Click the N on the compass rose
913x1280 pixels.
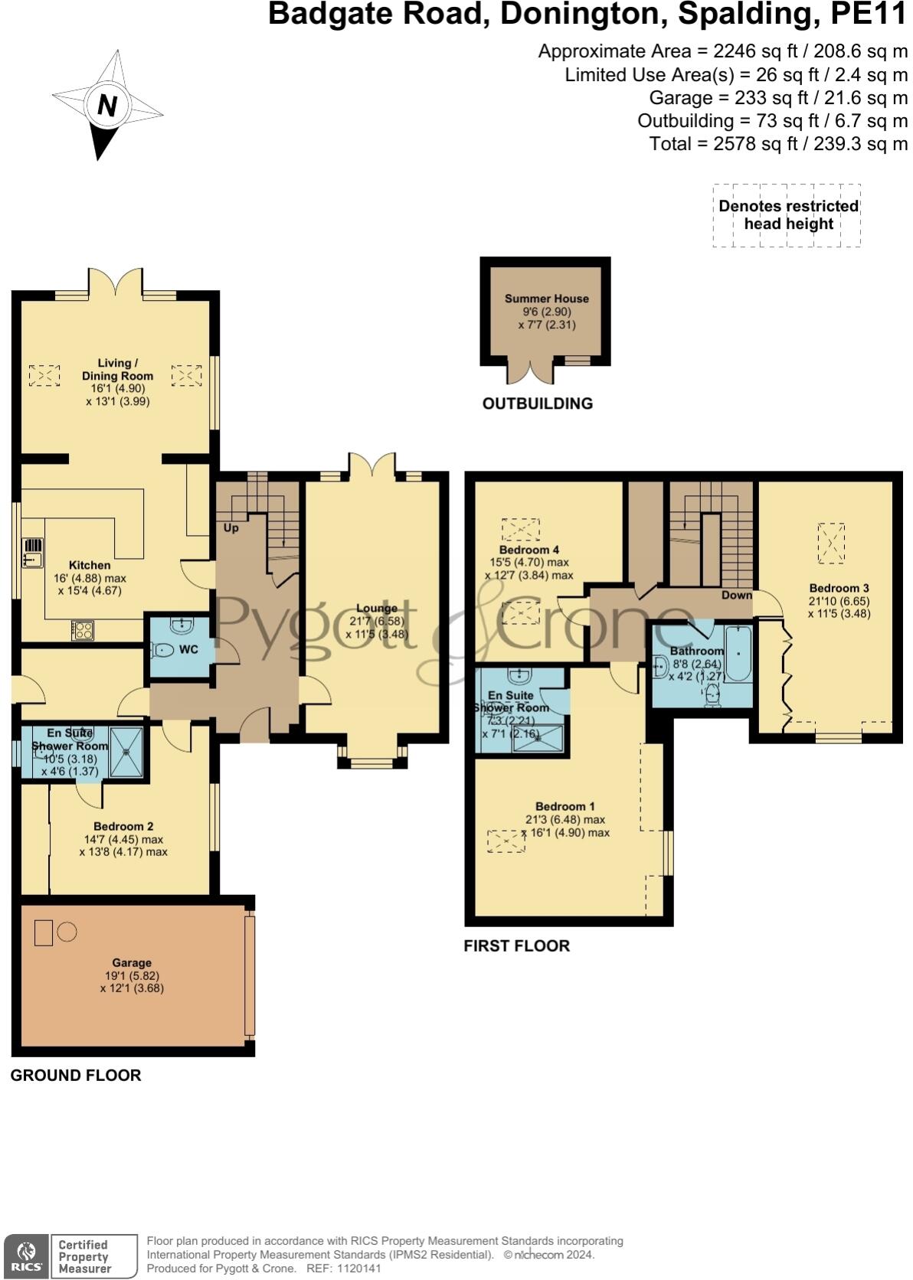(x=107, y=105)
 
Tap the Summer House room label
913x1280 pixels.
(x=546, y=299)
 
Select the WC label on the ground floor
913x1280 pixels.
(x=188, y=650)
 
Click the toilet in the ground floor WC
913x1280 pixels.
(x=163, y=650)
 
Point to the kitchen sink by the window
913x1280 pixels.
(x=33, y=553)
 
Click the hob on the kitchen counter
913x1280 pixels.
(x=82, y=630)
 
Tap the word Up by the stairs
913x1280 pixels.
(x=231, y=527)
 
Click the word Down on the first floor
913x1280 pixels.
(x=736, y=595)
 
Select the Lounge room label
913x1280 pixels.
(x=377, y=608)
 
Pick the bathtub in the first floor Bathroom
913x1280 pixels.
(x=738, y=653)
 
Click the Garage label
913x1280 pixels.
(x=132, y=963)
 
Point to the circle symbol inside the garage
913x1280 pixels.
(x=67, y=932)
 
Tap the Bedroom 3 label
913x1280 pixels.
(x=839, y=588)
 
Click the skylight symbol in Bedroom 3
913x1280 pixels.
(x=831, y=543)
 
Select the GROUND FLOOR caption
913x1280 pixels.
(x=76, y=1076)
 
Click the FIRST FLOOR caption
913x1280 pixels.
(x=516, y=945)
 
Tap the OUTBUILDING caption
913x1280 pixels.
(x=538, y=403)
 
